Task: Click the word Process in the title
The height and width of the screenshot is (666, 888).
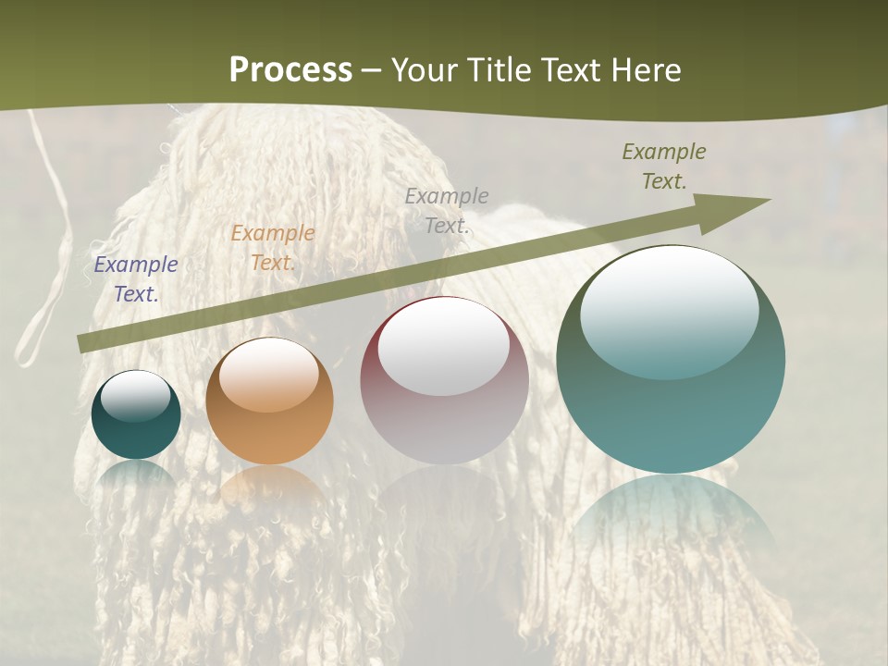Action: point(290,70)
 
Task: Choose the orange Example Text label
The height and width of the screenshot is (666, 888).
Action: point(273,248)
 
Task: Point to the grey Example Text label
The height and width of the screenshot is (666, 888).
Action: point(447,210)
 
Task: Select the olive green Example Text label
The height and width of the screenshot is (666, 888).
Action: point(663,166)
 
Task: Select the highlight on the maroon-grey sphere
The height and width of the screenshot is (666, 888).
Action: point(444,348)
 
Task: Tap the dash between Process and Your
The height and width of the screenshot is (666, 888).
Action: point(372,71)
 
